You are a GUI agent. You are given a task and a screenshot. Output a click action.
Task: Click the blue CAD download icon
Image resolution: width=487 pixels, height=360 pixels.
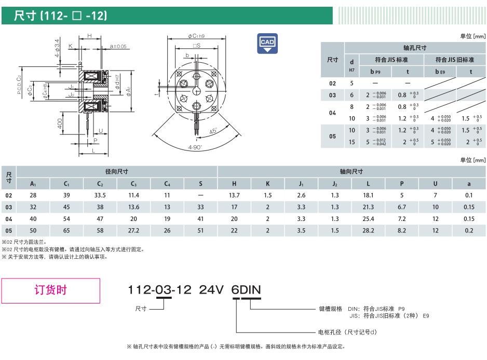267,44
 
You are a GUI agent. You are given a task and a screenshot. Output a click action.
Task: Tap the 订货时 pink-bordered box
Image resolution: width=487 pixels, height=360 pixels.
51,290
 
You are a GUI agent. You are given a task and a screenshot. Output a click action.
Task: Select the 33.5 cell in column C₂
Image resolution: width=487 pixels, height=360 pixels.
100,195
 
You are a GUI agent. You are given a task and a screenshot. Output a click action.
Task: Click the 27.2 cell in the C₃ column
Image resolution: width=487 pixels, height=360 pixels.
133,231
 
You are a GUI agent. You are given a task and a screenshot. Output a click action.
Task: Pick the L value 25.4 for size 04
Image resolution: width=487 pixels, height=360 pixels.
368,219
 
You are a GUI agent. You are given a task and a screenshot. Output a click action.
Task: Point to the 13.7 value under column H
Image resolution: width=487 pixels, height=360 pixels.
234,195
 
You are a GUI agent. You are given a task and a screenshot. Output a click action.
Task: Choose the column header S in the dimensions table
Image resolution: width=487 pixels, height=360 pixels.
200,184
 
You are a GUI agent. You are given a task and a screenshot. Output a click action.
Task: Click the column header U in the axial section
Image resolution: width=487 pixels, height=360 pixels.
435,184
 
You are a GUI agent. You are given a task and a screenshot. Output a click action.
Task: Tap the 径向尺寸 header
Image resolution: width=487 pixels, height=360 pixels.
116,172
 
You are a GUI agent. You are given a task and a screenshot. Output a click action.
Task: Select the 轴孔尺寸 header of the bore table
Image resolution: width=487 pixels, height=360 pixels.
415,48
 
